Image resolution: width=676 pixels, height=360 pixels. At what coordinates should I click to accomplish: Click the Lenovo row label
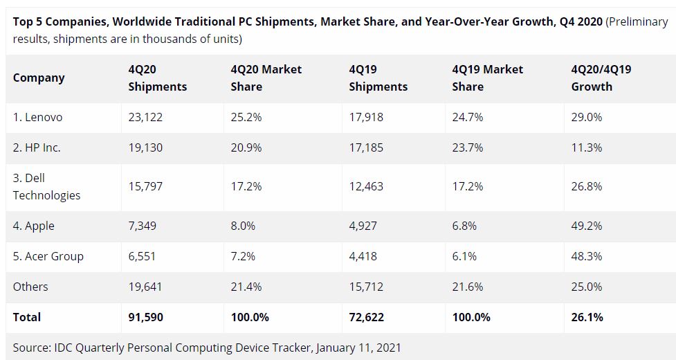point(37,117)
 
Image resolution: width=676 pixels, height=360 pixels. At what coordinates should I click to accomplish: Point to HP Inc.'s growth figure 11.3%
point(587,147)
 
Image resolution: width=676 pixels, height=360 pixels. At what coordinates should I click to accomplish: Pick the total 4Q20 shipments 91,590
point(145,317)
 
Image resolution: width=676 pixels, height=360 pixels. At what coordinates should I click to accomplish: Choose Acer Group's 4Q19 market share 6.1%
point(464,256)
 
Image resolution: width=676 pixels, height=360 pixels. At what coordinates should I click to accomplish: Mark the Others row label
point(30,287)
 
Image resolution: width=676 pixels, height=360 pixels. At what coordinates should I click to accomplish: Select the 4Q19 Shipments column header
point(378,78)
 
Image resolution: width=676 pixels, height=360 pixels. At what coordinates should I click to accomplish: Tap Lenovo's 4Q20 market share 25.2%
point(246,117)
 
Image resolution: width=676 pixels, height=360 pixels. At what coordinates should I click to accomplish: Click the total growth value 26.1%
point(587,317)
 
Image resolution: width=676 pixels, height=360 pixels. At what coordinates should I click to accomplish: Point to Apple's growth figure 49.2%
point(587,226)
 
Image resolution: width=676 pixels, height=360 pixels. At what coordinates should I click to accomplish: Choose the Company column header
point(39,78)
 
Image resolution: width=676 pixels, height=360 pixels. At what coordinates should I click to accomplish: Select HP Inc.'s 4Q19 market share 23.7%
point(467,147)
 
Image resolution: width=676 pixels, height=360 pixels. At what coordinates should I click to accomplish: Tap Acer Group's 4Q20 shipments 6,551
point(142,256)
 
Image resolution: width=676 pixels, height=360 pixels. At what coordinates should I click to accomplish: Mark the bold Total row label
point(27,317)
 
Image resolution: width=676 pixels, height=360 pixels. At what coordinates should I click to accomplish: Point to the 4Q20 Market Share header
point(266,78)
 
